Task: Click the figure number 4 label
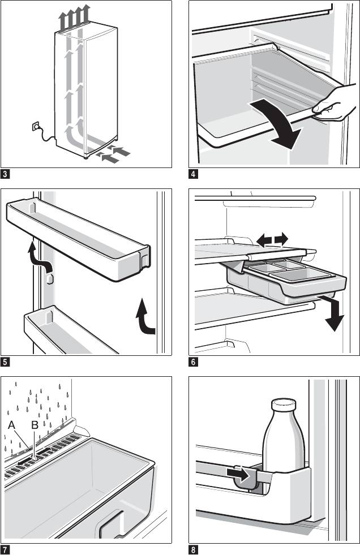click(x=194, y=174)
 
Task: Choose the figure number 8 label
click(x=194, y=549)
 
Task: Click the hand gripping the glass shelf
click(x=334, y=104)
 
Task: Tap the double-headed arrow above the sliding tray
click(x=271, y=240)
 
